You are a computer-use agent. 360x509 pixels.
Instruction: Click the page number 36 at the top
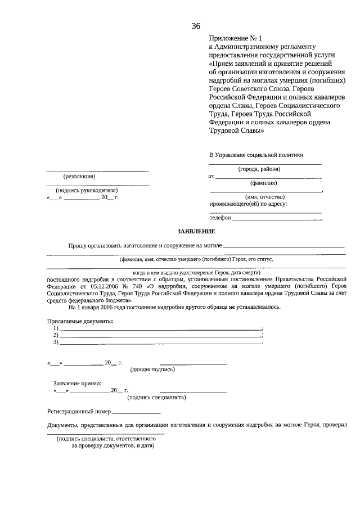tap(196, 26)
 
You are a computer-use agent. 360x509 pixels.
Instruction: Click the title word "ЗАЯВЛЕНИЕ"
tap(196, 232)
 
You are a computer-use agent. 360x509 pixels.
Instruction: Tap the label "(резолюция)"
tap(79, 176)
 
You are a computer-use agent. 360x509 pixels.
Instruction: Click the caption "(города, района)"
tap(259, 169)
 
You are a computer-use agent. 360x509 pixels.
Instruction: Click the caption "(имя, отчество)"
tap(264, 196)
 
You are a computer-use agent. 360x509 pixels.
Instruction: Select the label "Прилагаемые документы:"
tap(79, 321)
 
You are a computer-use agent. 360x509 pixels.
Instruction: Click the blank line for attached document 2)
tap(160, 336)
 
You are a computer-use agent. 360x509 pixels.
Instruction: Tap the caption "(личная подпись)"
tap(152, 370)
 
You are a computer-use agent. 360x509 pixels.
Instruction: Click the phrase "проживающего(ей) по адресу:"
tap(248, 204)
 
